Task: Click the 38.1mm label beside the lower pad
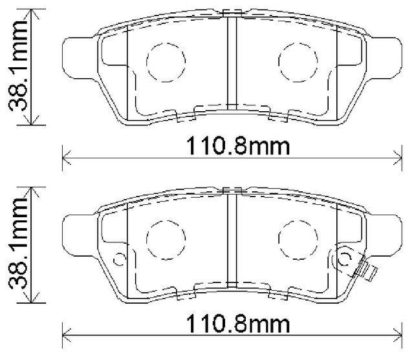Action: [17, 246]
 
